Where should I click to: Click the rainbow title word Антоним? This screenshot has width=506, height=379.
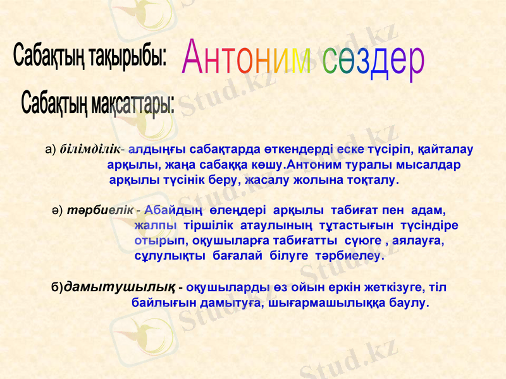pyautogui.click(x=247, y=59)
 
